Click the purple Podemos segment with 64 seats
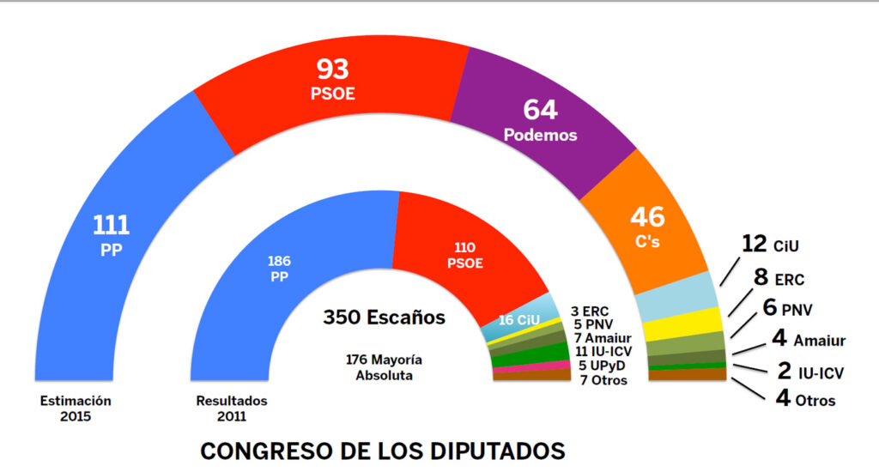pyautogui.click(x=541, y=120)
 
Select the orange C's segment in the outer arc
pyautogui.click(x=648, y=227)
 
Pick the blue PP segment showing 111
pyautogui.click(x=112, y=236)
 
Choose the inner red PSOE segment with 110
pyautogui.click(x=464, y=253)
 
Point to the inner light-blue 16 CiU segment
pyautogui.click(x=520, y=321)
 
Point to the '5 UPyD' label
pyautogui.click(x=602, y=365)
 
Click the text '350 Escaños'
pyautogui.click(x=384, y=318)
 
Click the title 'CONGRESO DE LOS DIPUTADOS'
pyautogui.click(x=383, y=450)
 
